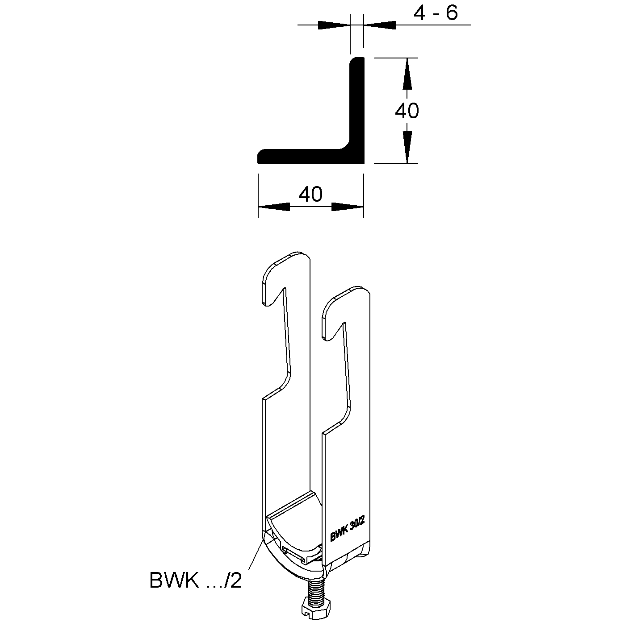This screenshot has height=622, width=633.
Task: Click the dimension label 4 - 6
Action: pos(435,13)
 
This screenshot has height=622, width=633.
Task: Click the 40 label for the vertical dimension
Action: pos(407,111)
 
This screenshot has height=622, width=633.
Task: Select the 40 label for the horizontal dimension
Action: pos(310,194)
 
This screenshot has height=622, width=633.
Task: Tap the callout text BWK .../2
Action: pos(196,580)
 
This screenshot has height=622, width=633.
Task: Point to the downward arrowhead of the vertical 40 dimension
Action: pos(407,147)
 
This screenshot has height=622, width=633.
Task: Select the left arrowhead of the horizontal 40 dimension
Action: pos(274,207)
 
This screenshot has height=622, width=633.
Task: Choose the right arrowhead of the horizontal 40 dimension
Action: pos(347,207)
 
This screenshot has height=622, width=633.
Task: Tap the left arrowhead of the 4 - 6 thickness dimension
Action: pos(334,25)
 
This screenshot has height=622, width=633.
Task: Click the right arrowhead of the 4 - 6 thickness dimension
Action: pos(380,25)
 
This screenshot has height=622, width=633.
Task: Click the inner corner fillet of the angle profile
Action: pos(346,145)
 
